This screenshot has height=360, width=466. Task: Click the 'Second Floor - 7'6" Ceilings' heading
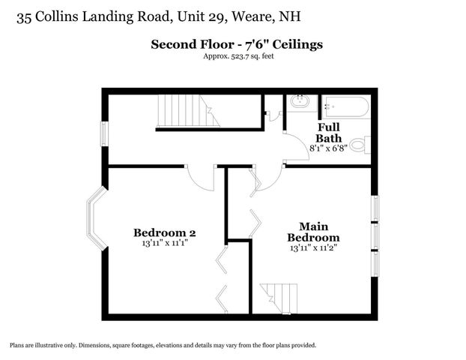pyautogui.click(x=237, y=45)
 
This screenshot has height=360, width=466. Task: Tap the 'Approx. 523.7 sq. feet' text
pyautogui.click(x=237, y=57)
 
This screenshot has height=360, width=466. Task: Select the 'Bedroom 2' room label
pyautogui.click(x=165, y=232)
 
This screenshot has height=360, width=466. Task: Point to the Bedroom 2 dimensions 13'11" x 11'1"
pyautogui.click(x=165, y=243)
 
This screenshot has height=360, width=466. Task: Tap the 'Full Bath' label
pyautogui.click(x=328, y=133)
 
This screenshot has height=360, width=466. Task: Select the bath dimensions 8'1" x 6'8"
pyautogui.click(x=328, y=149)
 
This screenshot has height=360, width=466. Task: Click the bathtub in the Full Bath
pyautogui.click(x=345, y=106)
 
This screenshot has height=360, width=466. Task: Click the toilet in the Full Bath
pyautogui.click(x=361, y=144)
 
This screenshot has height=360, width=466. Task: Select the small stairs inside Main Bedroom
pyautogui.click(x=274, y=297)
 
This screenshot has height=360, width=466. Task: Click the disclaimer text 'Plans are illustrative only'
pyautogui.click(x=163, y=345)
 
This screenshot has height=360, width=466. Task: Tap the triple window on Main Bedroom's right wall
pyautogui.click(x=377, y=233)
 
